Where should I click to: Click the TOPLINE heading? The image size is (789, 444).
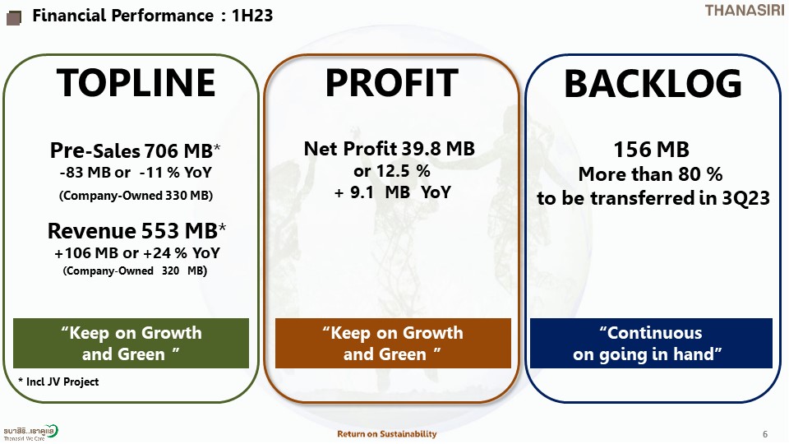136,82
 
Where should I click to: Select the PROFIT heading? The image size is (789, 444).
391,82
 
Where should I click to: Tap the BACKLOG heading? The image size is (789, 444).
653,83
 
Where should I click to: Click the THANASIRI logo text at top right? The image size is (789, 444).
745,10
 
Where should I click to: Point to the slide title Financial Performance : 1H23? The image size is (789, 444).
153,15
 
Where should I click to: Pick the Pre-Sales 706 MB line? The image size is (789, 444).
135,150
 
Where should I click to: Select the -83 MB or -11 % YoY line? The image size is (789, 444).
136,172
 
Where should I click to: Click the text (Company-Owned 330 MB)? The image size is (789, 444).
136,196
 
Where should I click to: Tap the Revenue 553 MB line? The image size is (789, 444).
136,230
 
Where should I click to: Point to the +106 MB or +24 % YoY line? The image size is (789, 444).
137,252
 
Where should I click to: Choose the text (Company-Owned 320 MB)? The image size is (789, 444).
135,271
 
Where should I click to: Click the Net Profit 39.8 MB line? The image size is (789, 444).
389,149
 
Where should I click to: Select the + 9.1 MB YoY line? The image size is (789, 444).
392,192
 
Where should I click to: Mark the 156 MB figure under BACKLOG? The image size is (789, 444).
651,150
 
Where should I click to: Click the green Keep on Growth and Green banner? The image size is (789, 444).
131,343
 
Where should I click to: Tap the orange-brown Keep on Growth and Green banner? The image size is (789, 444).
393,343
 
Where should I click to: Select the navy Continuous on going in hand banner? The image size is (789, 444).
651,343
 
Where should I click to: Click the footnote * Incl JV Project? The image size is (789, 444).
58,382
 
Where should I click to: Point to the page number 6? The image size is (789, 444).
765,434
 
